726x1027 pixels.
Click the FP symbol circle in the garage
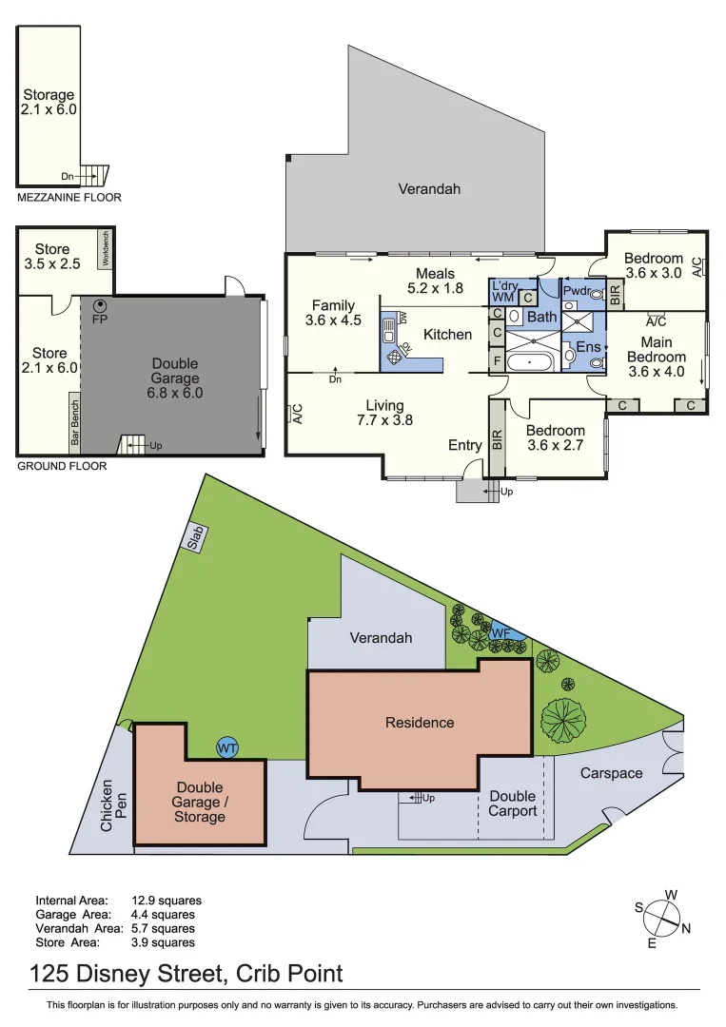pyautogui.click(x=99, y=305)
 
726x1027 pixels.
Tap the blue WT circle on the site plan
pyautogui.click(x=227, y=748)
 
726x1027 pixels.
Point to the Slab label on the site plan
pyautogui.click(x=194, y=537)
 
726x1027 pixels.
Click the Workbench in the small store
pyautogui.click(x=107, y=249)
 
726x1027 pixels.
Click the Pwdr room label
pyautogui.click(x=576, y=291)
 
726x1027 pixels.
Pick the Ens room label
pyautogui.click(x=588, y=347)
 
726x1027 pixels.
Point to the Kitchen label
pyautogui.click(x=447, y=334)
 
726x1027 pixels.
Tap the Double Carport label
pyautogui.click(x=513, y=804)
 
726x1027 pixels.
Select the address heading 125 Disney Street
pyautogui.click(x=186, y=974)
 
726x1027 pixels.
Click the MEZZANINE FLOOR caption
pyautogui.click(x=69, y=198)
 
